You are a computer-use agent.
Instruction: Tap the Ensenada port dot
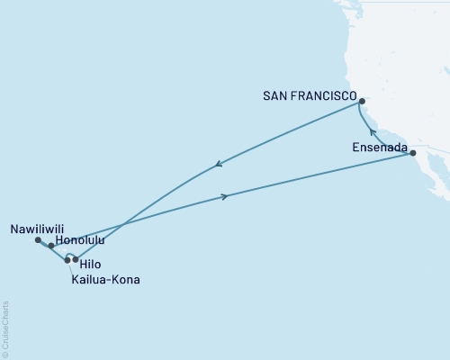[x=413, y=154]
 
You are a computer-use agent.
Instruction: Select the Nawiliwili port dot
[x=38, y=240]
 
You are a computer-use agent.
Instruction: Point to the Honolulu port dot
[x=51, y=246]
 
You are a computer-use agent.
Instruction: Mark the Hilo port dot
[x=76, y=259]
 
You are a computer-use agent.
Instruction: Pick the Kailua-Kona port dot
[x=67, y=260]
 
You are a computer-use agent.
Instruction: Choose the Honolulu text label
[x=80, y=242]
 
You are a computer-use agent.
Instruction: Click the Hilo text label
[x=90, y=265]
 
